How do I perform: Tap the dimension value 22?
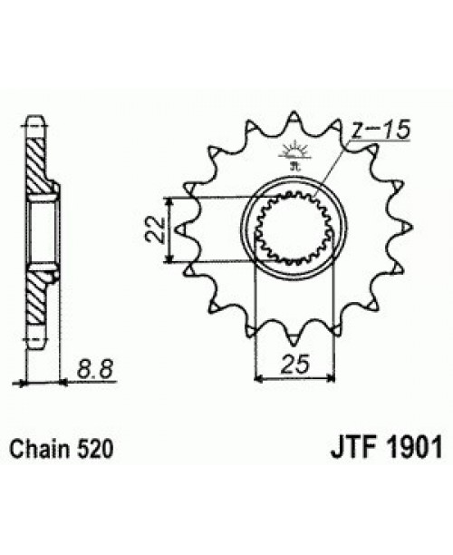coord(155,229)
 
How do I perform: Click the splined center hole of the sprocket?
coord(295,230)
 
